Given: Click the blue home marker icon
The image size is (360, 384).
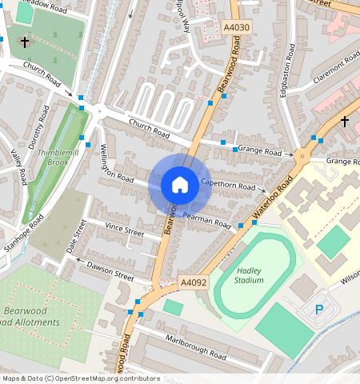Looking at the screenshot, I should pos(180,185).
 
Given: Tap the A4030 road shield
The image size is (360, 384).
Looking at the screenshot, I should pos(237,27).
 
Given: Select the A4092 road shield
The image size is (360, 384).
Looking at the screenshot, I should pos(193,282).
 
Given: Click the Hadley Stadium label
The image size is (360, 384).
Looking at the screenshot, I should pos(249,274).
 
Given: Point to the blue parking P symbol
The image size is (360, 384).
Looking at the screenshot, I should pos(320,309).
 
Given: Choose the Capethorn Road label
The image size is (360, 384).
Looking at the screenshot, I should pos(228,185).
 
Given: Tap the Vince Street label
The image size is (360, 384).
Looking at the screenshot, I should pos(124,231).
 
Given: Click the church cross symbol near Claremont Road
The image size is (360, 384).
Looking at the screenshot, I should pos(344,121).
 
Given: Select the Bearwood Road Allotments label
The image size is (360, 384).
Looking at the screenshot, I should pos(36,317).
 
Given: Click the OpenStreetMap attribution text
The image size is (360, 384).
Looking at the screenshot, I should pos(80,378).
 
